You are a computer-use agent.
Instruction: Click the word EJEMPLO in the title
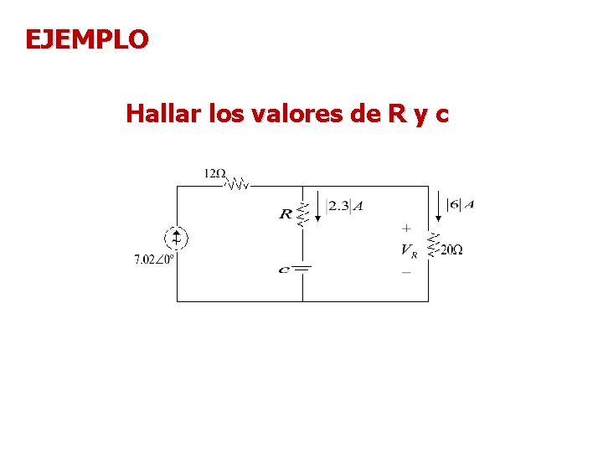87,39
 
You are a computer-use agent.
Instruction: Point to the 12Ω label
215,174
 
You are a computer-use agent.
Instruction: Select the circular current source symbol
176,238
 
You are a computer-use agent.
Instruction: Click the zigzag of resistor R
303,213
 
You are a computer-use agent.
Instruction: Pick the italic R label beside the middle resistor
286,215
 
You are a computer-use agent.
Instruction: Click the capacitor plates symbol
302,269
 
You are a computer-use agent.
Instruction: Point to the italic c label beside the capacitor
285,270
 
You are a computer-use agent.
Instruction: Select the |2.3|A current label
345,206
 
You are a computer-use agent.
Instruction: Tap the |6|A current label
460,204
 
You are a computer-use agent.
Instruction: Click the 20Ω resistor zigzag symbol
431,244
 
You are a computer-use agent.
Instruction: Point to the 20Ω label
451,249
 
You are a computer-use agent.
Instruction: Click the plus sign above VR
406,228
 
